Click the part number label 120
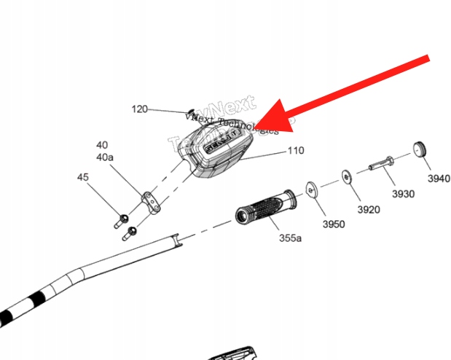click(139, 109)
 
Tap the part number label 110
click(295, 152)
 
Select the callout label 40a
click(105, 157)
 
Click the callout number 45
click(83, 177)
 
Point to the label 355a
click(290, 238)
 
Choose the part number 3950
click(333, 224)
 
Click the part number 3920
click(369, 210)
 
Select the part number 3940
click(439, 179)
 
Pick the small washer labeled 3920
click(345, 176)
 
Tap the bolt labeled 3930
click(382, 163)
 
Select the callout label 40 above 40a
click(101, 145)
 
